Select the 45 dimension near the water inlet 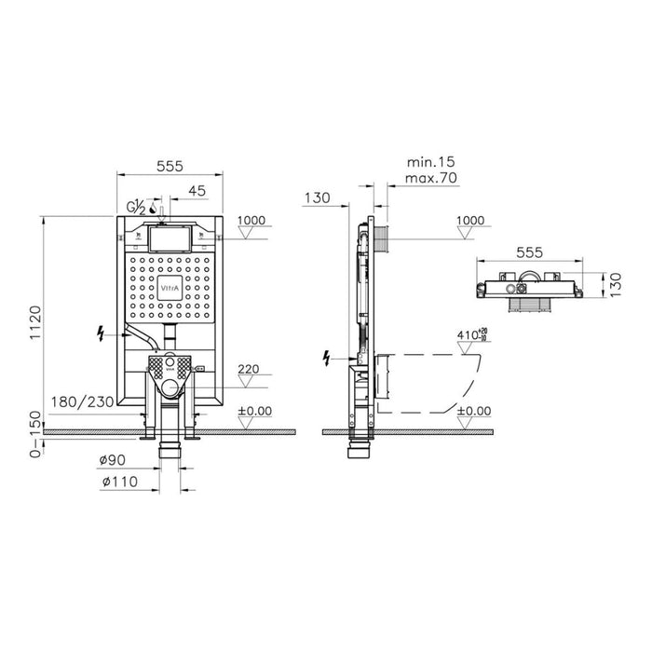[197, 192]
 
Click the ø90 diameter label [114, 459]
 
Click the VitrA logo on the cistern [169, 288]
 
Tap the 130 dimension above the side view [318, 197]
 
